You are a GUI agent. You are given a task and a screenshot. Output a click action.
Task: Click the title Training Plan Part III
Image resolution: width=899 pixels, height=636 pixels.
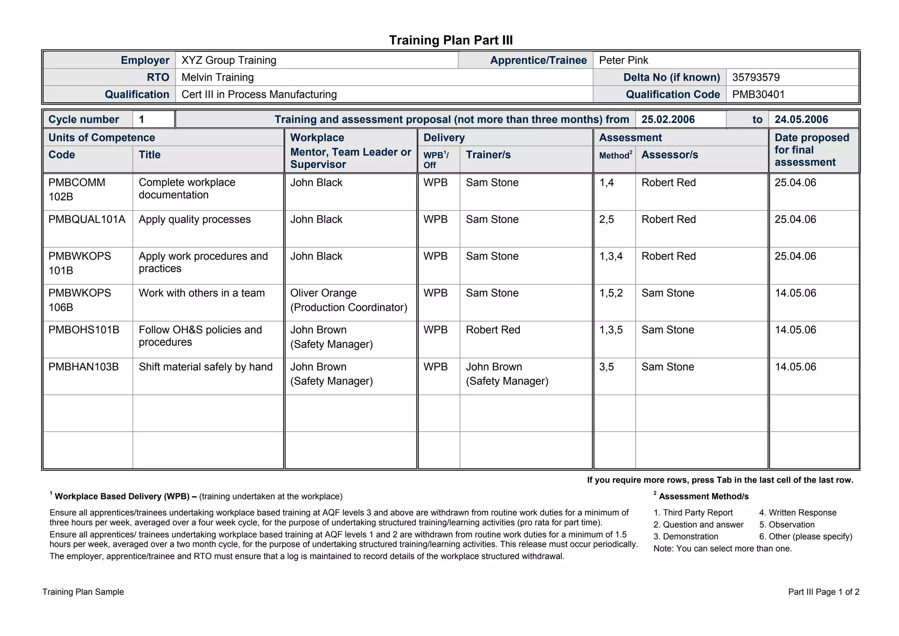click(x=451, y=40)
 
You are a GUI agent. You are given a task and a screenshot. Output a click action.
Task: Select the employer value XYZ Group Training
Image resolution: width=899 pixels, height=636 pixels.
click(x=229, y=60)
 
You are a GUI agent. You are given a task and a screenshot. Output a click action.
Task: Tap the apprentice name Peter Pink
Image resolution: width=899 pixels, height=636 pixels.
click(x=623, y=60)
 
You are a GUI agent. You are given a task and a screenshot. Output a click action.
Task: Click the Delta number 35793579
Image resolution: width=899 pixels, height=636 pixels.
click(x=756, y=77)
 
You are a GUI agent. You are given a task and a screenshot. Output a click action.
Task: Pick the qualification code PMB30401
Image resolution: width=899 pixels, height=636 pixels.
click(x=758, y=94)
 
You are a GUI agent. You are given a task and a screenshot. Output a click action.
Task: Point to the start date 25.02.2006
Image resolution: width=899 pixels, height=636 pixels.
click(x=668, y=119)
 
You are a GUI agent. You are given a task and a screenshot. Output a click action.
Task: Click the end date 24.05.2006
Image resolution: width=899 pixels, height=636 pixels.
click(x=801, y=119)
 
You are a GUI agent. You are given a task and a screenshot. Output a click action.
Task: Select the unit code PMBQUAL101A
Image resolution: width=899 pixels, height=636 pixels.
click(x=87, y=219)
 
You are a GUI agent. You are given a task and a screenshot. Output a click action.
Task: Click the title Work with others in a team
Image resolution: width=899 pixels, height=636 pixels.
click(x=201, y=293)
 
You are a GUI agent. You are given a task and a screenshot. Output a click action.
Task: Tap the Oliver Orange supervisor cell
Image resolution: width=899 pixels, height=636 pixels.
click(x=349, y=300)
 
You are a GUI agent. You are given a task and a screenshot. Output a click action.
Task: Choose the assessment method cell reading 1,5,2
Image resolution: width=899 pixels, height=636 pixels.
click(x=611, y=293)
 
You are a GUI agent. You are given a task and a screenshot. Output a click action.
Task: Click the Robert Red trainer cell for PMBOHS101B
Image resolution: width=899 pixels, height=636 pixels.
click(x=493, y=330)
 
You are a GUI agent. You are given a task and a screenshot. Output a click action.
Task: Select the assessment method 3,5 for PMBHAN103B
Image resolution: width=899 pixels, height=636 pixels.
click(x=607, y=367)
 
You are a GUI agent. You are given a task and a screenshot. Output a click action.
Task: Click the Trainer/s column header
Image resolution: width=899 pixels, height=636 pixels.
click(x=488, y=155)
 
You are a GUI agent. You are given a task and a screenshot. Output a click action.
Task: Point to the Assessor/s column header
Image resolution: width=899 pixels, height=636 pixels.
click(x=669, y=155)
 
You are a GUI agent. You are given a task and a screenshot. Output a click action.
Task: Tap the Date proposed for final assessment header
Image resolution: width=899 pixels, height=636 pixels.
click(x=811, y=150)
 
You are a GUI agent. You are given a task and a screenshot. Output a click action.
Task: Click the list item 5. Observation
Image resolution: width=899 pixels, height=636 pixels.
click(x=787, y=524)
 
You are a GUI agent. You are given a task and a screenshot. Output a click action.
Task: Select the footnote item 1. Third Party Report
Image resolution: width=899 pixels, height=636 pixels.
click(x=693, y=513)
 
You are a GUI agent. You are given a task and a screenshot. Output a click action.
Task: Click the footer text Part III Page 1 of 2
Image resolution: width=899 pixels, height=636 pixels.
click(x=823, y=592)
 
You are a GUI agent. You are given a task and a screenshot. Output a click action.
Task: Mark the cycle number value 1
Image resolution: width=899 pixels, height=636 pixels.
click(x=142, y=119)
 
